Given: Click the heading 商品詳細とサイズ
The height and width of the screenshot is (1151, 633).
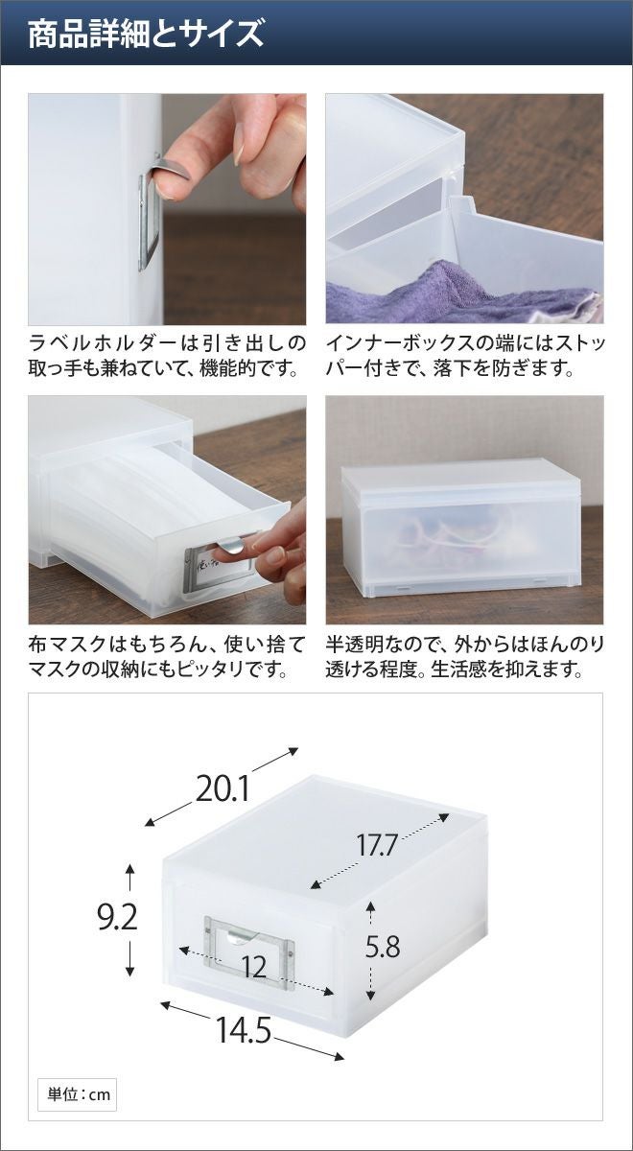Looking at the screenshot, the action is coord(146,34).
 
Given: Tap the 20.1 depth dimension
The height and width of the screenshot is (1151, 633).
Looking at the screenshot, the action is coord(222,788).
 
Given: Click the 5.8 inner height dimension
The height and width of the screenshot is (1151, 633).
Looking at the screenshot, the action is coord(383,947).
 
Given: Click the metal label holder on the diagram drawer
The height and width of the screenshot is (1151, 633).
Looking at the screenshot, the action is coord(249,946).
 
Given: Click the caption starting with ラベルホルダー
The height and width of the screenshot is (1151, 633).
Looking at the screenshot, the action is coord(167,356).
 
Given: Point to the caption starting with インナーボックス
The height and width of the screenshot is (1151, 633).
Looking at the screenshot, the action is coord(465,356).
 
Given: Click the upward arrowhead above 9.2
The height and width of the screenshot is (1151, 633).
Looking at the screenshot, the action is coord(129,869).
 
